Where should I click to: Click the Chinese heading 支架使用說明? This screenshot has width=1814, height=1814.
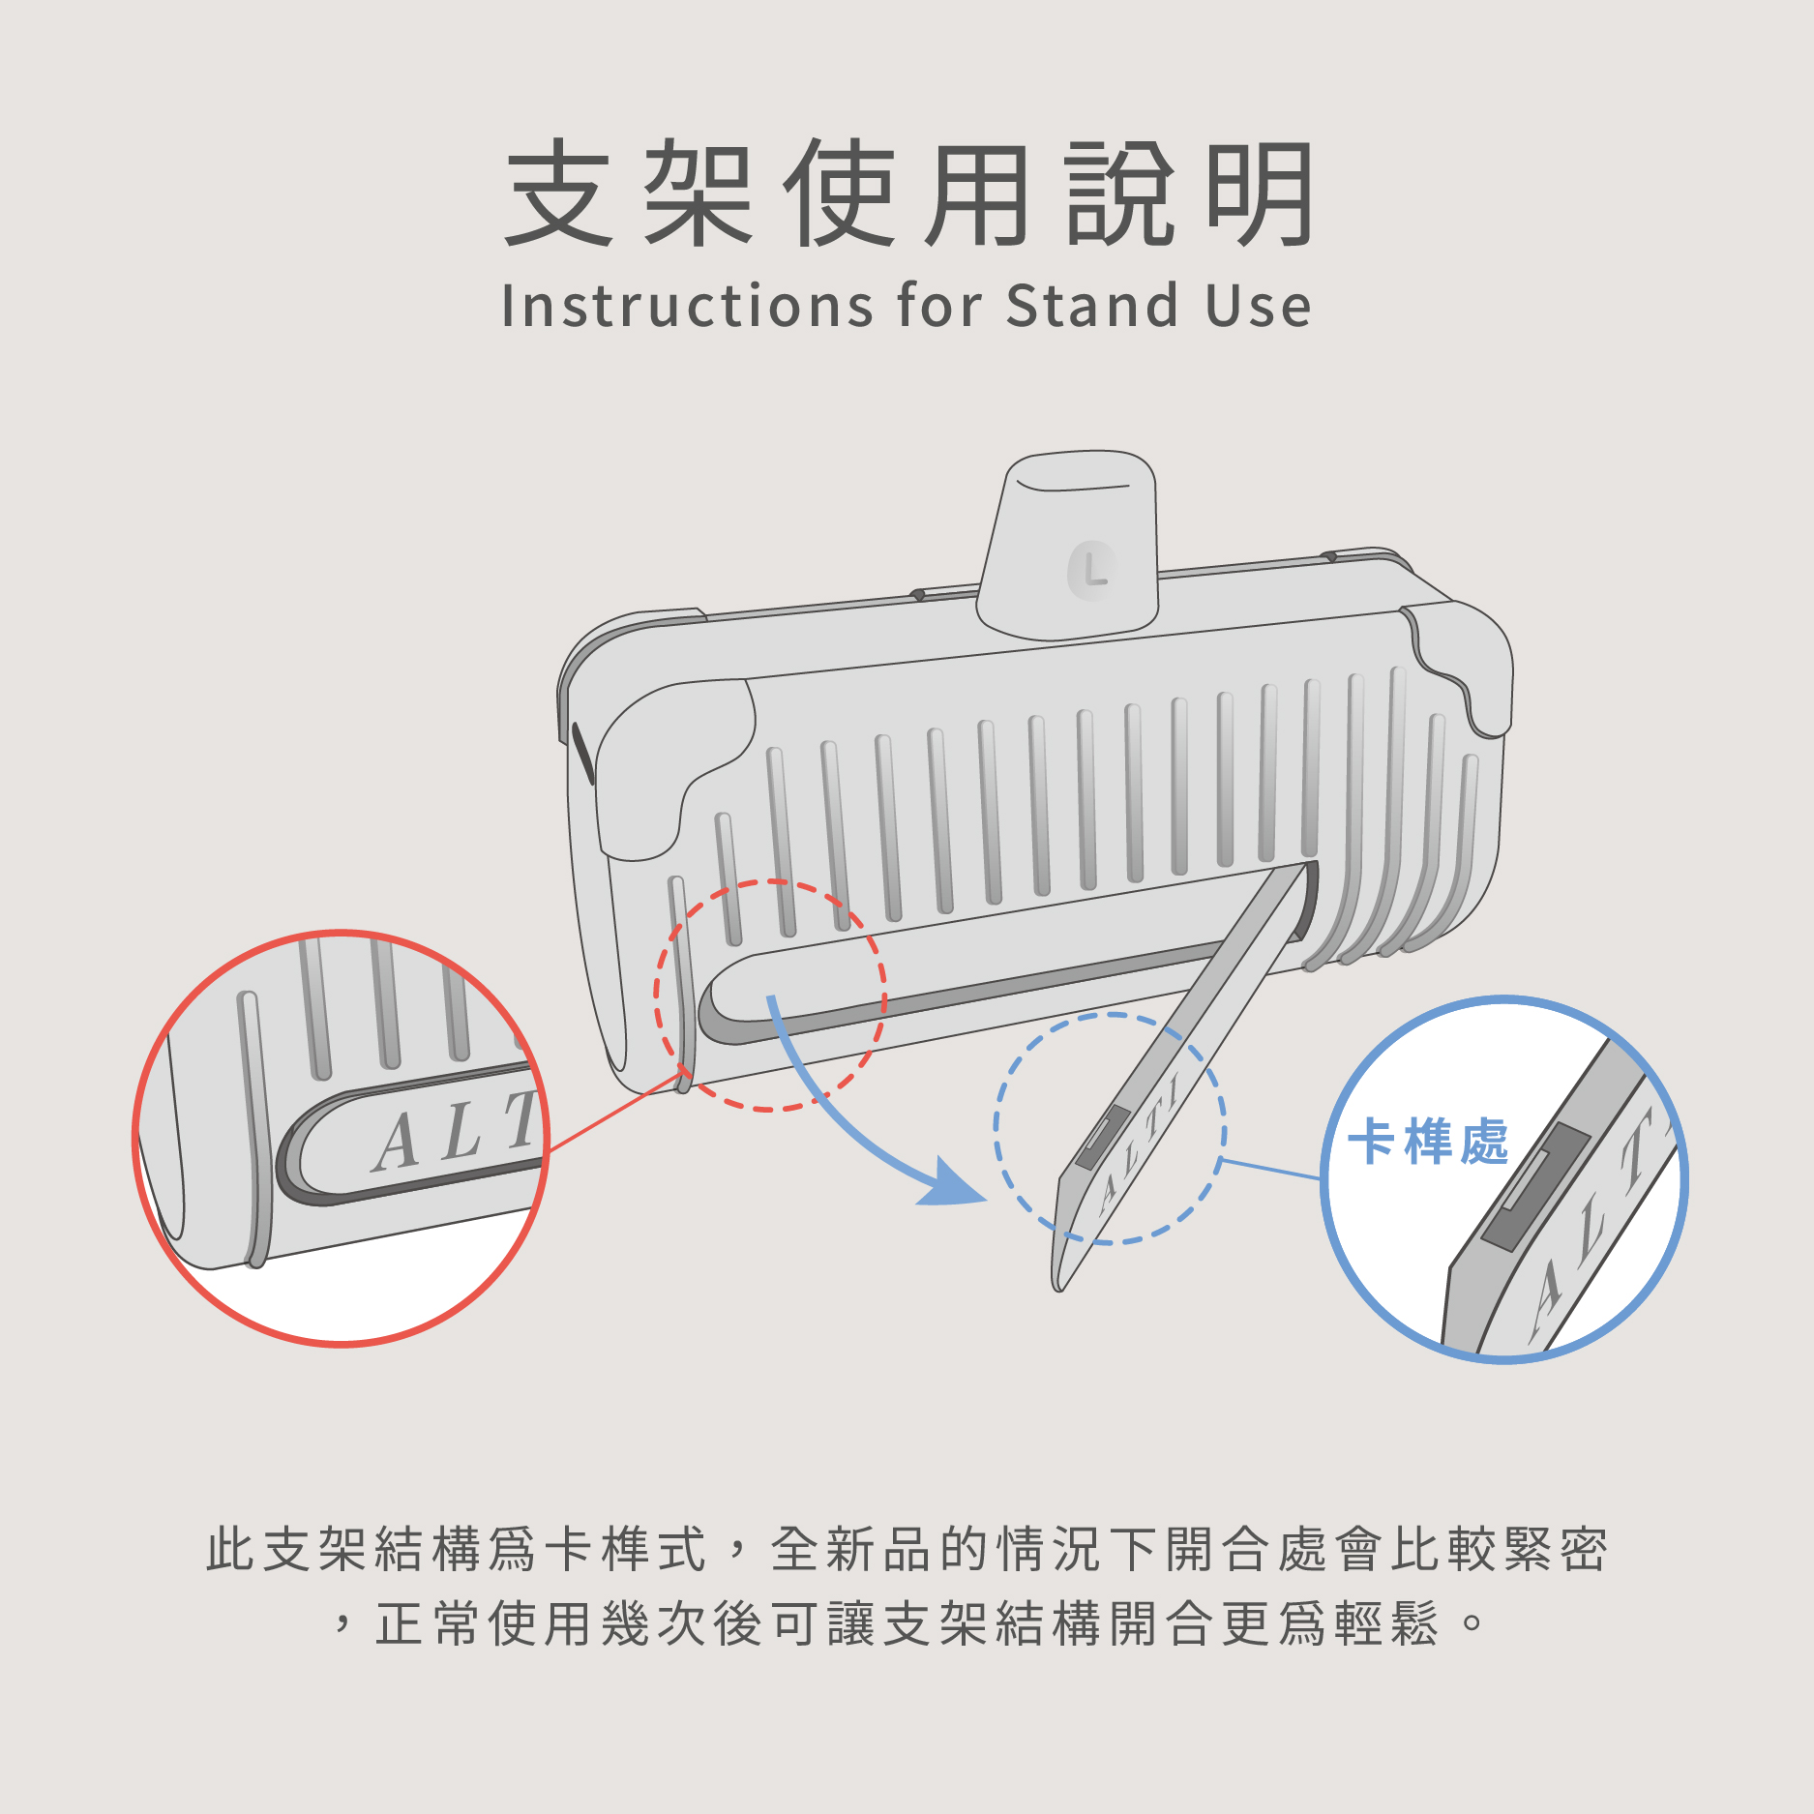[908, 193]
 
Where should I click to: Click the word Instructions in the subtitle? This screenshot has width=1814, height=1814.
[687, 306]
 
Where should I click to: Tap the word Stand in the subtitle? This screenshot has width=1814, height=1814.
[1092, 306]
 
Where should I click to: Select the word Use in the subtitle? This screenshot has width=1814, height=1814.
[1259, 306]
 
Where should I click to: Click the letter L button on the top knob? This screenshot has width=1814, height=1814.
[1092, 570]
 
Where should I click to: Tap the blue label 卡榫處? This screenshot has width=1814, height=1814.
[1428, 1141]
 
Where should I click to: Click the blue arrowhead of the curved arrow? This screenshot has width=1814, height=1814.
[953, 1185]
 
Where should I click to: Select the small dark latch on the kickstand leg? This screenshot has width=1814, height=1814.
[1102, 1138]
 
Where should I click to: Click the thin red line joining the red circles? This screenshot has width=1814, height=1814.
[619, 1110]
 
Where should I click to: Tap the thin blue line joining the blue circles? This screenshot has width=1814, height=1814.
[1271, 1169]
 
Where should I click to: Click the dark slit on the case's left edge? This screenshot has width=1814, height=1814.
[582, 753]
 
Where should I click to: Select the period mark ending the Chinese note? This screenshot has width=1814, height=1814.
[1472, 1620]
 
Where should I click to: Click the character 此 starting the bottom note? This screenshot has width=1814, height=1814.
[231, 1549]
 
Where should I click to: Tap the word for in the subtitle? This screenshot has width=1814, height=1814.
[938, 306]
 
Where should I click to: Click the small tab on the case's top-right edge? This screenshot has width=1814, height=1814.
[1330, 556]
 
